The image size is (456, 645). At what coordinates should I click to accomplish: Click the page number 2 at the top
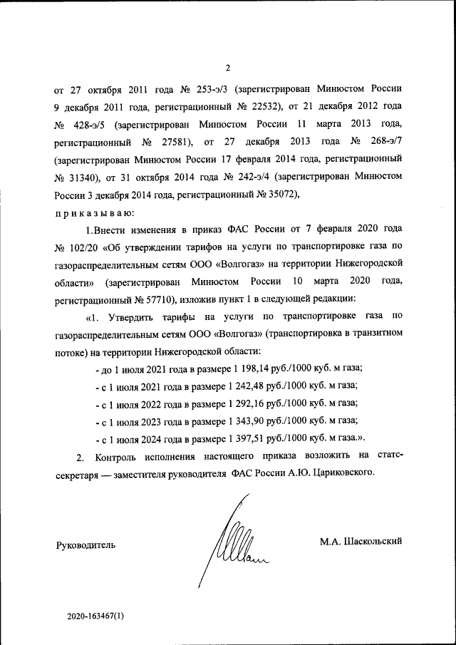tap(228, 68)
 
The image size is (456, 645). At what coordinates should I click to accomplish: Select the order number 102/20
tap(82, 247)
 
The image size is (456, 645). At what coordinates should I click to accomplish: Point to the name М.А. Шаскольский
tap(361, 541)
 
